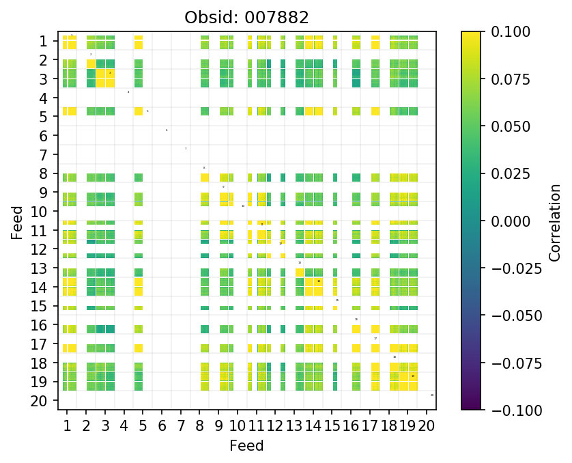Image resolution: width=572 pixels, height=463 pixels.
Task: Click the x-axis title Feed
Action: pos(246,446)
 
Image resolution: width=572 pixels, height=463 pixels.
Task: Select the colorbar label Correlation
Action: pos(555,221)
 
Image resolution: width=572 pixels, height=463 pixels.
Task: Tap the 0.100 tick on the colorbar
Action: pos(506,32)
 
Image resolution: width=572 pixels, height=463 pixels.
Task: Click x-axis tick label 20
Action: pos(427,427)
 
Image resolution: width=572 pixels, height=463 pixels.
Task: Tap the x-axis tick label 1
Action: pos(67,427)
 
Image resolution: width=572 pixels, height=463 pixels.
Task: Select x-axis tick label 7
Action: pos(180,427)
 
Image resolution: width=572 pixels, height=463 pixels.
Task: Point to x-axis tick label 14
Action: pos(313,427)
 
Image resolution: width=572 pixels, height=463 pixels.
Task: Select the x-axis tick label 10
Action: pos(237,427)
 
